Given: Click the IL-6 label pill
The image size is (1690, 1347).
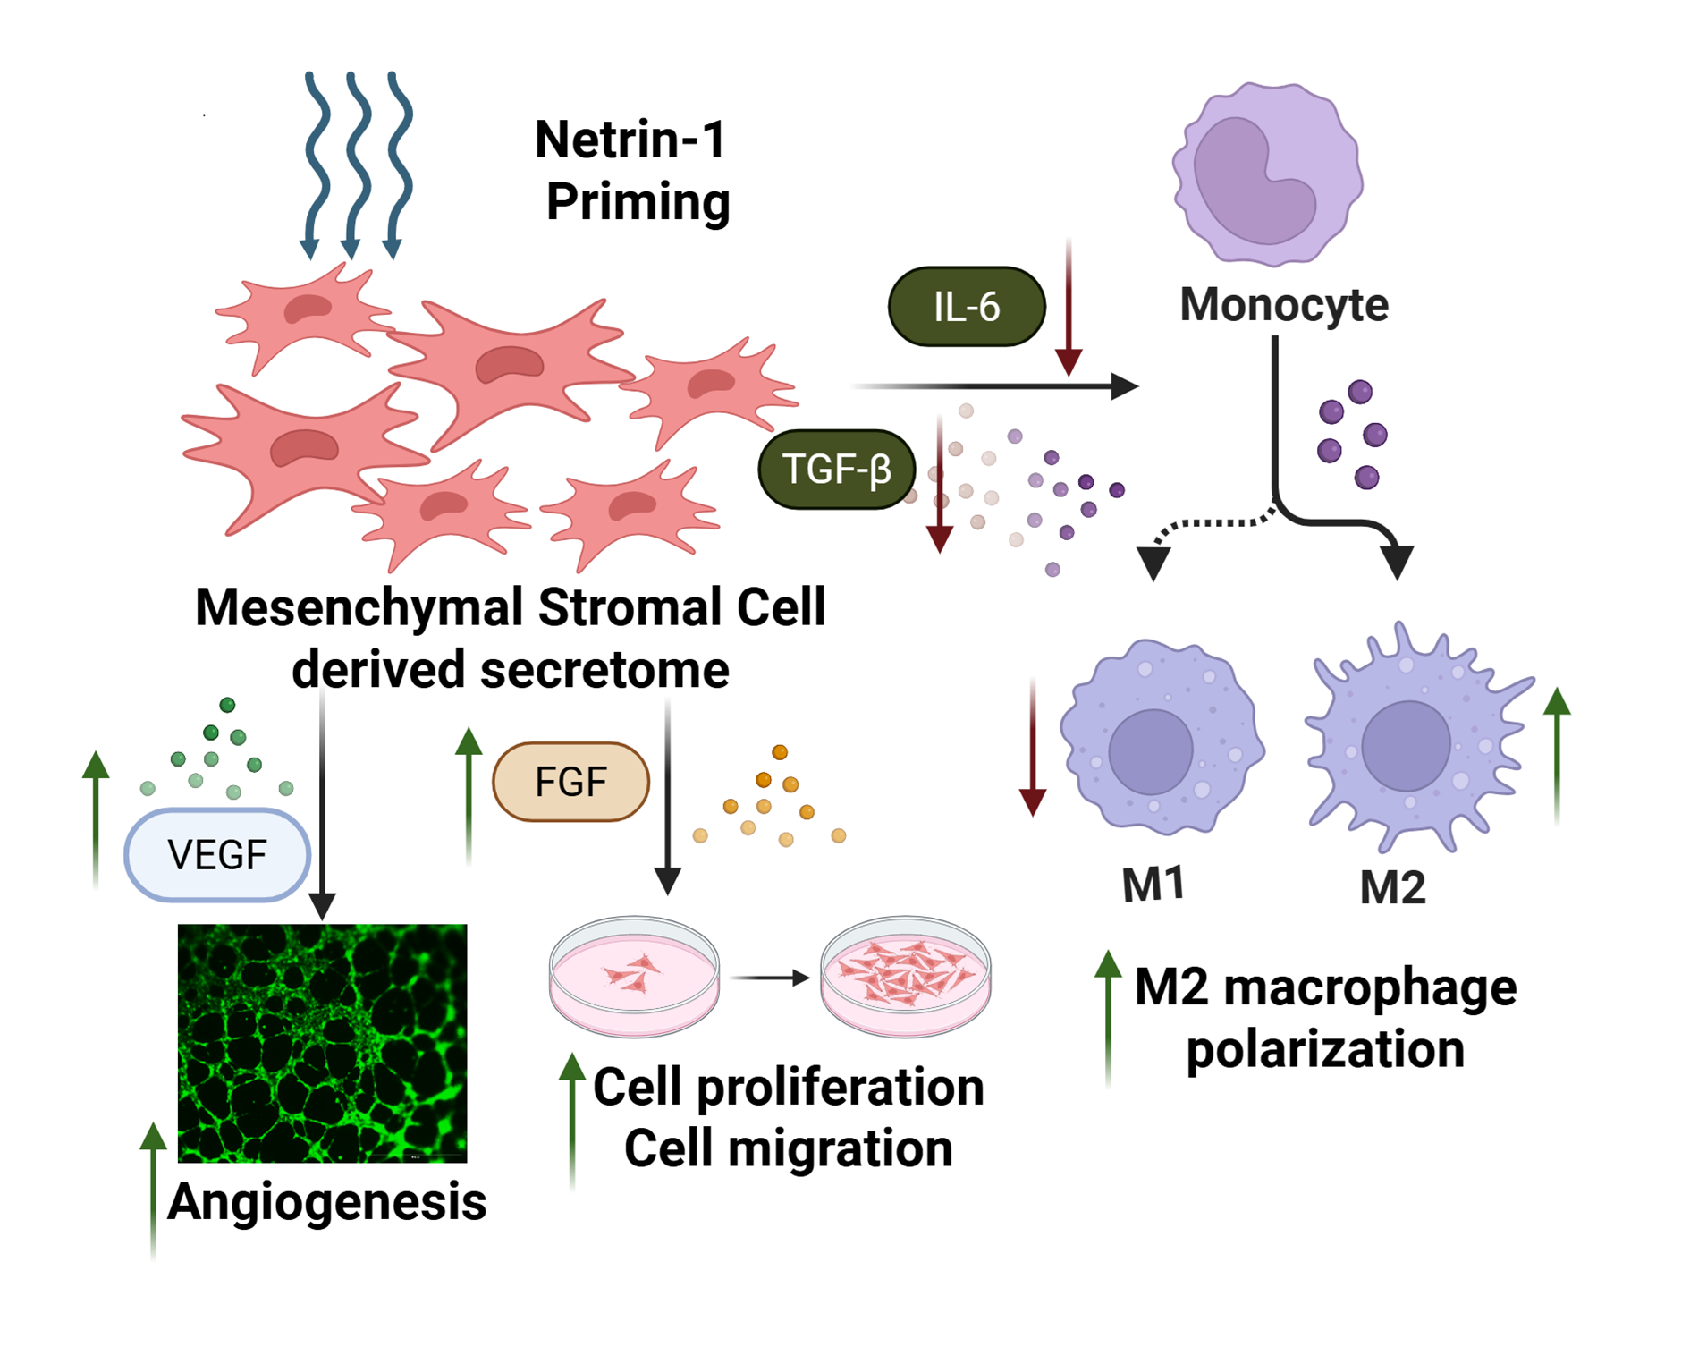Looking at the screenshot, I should (x=966, y=307).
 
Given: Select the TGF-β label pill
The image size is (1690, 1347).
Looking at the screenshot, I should (x=836, y=470).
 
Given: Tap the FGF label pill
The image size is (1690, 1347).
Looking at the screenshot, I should (x=570, y=782).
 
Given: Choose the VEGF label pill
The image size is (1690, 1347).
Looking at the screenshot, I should (x=217, y=855).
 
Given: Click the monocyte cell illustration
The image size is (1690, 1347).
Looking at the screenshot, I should (x=1268, y=174).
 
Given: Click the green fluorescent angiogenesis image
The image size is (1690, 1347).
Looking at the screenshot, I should (x=322, y=1043).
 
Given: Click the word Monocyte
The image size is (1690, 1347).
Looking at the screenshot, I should (x=1283, y=305).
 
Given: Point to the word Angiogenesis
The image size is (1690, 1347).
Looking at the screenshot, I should (x=327, y=1201).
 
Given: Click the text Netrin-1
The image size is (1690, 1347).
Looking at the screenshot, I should (x=630, y=140).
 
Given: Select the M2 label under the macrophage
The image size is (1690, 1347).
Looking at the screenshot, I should (x=1392, y=888).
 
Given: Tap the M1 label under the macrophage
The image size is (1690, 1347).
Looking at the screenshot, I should (x=1153, y=885).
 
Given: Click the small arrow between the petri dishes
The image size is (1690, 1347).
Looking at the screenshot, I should (x=770, y=978).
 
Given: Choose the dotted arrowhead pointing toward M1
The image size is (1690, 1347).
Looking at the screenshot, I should (x=1153, y=563).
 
